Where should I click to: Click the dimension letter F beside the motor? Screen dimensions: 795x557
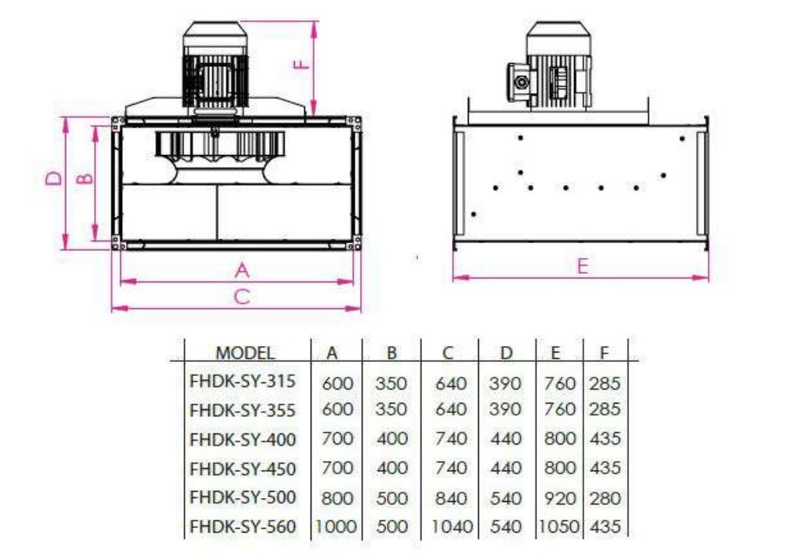point(302,65)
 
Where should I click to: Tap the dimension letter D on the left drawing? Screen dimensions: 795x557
point(53,178)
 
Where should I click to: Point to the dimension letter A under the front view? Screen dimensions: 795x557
point(242,270)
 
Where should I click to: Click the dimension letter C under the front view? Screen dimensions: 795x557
point(242,297)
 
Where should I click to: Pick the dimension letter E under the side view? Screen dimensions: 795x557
point(583,266)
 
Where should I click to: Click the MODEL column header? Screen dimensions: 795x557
point(245,352)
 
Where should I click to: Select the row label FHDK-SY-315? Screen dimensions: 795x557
point(242,381)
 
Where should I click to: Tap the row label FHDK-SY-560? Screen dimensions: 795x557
point(243,526)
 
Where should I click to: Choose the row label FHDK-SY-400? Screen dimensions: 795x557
point(243,439)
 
